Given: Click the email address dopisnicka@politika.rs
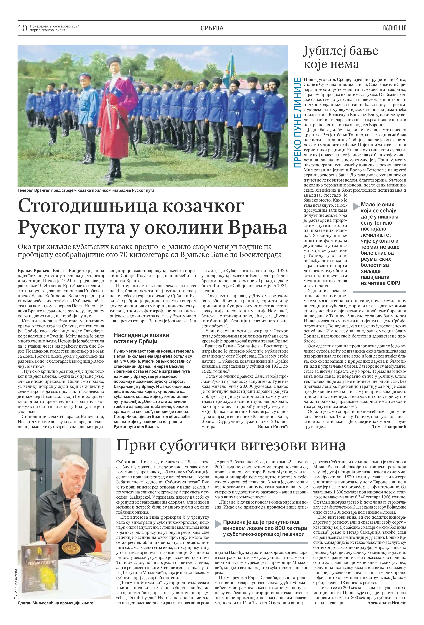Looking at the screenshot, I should pyautogui.click(x=47, y=30).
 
